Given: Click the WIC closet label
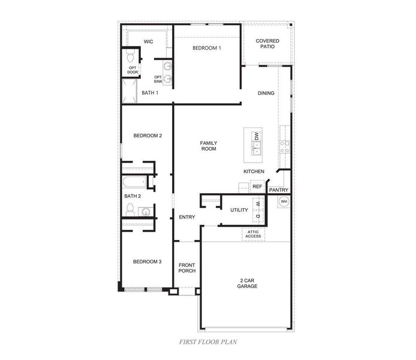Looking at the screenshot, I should (x=149, y=41).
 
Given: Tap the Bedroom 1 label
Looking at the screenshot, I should (x=207, y=47).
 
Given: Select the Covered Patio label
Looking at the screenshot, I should (x=267, y=44).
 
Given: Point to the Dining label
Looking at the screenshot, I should (x=266, y=93).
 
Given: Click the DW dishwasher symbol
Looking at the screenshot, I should (x=257, y=137).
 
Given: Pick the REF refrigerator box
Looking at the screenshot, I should (x=257, y=187).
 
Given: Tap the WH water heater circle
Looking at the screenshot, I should (x=284, y=201).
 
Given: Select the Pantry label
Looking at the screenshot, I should (x=279, y=190).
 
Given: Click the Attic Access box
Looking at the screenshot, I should (x=253, y=234).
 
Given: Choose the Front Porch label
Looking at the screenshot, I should (x=187, y=268).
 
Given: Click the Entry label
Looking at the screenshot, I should (x=187, y=217).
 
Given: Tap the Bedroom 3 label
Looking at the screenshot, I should (x=147, y=261).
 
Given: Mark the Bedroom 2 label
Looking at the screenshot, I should (x=147, y=136).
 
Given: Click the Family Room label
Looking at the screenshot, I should (x=209, y=145).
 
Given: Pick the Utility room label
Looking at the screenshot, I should (x=240, y=209).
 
